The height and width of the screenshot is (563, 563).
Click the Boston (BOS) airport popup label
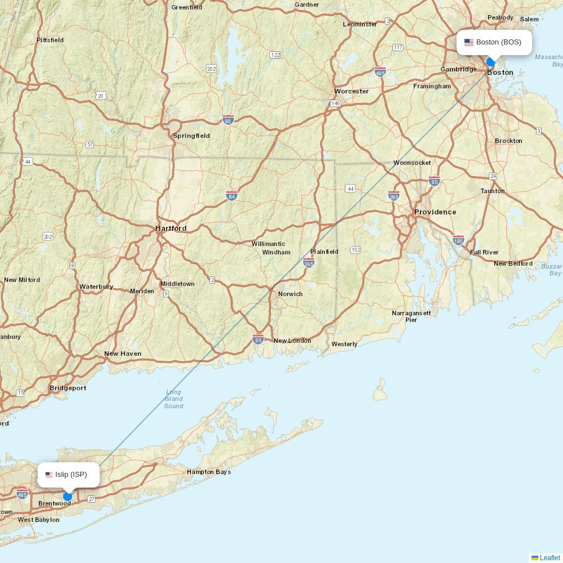(494, 42)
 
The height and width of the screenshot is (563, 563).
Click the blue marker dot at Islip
(68, 496)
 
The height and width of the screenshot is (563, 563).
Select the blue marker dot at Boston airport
(490, 62)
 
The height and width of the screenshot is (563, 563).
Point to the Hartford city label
(171, 229)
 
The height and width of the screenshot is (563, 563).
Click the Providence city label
(435, 212)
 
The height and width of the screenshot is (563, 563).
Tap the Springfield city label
(191, 136)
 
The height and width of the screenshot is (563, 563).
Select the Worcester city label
(351, 91)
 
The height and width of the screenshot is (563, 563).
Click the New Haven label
(123, 354)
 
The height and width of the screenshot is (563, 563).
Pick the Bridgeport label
(68, 388)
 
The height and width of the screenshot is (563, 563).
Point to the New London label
(292, 341)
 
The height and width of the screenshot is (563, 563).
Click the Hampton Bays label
(209, 472)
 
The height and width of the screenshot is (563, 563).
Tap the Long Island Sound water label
(173, 399)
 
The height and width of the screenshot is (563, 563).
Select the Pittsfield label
(50, 40)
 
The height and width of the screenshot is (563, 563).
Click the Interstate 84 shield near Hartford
(232, 196)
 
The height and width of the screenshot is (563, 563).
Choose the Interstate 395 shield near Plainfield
(309, 263)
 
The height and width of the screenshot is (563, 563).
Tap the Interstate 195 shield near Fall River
(458, 240)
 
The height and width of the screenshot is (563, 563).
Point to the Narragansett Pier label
(412, 316)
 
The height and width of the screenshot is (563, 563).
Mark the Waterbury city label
(96, 287)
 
